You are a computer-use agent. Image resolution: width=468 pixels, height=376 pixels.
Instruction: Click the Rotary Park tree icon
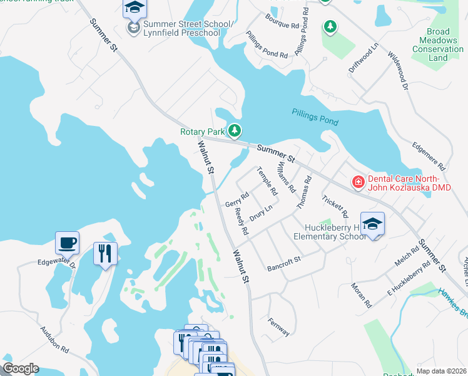coord(235,131)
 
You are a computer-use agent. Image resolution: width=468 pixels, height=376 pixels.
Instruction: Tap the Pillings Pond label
coord(315,117)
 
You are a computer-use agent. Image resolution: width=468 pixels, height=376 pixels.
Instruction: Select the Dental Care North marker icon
coord(359,182)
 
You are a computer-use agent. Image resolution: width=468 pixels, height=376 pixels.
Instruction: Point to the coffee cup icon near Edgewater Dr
coord(68,242)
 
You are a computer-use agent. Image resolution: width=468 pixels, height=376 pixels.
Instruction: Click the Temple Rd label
coord(267,181)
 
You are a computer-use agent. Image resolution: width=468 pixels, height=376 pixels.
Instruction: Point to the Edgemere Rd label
coord(428,156)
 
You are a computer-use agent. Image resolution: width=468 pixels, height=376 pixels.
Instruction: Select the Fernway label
coord(278,327)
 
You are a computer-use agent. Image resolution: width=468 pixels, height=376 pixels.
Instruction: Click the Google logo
coord(21,368)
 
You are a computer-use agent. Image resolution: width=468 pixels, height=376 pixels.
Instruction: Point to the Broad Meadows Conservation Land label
coord(438,44)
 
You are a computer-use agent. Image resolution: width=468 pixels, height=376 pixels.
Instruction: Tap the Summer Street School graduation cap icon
coord(133,8)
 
